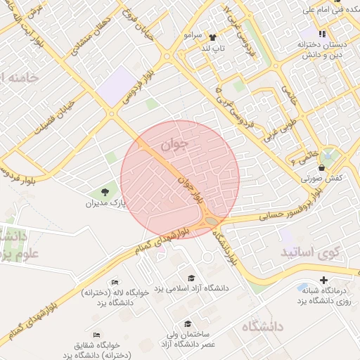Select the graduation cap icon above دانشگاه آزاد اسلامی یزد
tap(191, 278)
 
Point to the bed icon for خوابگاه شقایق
tap(96, 335)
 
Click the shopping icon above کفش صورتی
tap(321, 168)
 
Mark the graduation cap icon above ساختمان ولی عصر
tap(188, 323)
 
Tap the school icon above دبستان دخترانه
tap(321, 34)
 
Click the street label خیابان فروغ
tap(138, 25)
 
